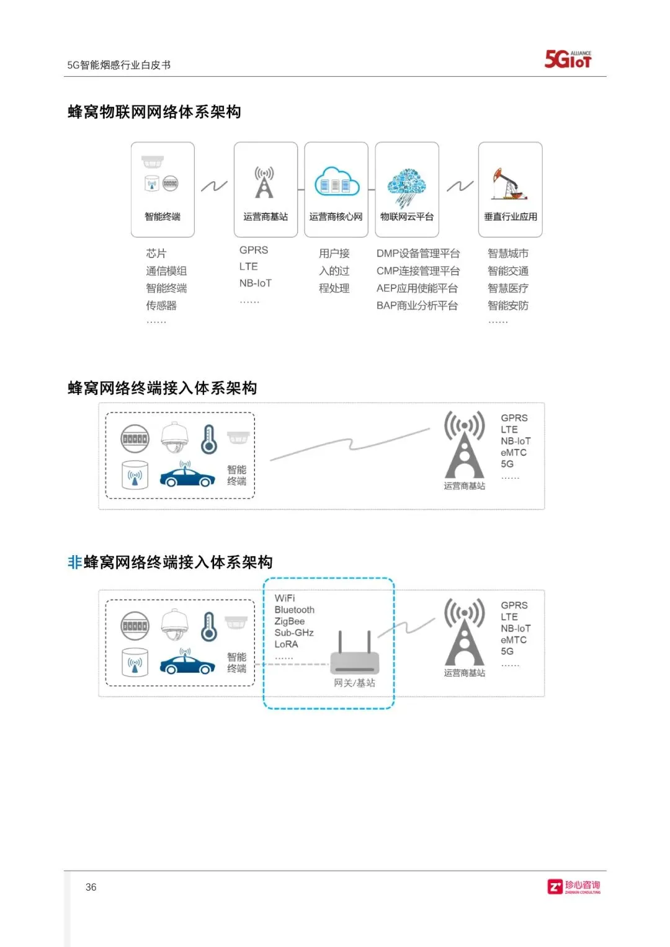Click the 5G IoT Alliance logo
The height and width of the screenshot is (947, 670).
568,59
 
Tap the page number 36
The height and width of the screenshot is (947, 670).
91,887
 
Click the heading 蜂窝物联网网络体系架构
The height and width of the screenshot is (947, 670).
154,112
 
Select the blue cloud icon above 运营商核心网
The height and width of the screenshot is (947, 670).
336,181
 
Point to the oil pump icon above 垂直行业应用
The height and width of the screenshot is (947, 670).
509,184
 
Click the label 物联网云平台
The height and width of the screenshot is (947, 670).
407,216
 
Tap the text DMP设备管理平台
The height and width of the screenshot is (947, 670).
418,254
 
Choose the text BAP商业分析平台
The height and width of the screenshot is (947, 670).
417,306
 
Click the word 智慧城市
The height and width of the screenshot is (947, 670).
508,254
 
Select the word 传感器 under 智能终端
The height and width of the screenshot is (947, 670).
161,306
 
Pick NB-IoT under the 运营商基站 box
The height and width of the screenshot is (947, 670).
256,283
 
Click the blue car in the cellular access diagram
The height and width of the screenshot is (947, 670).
187,476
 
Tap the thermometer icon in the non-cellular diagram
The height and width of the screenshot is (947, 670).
209,626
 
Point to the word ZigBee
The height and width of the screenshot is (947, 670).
290,621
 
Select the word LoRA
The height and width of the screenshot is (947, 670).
287,644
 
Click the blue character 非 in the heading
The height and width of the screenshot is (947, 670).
74,562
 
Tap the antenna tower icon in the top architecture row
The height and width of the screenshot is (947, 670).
265,182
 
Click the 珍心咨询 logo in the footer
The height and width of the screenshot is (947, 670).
574,887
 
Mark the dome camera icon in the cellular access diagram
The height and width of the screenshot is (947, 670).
175,437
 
